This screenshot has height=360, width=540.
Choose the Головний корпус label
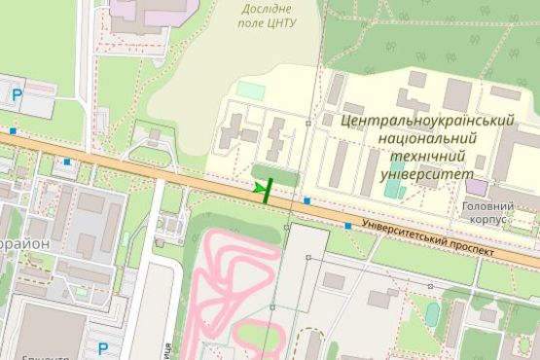click(488, 213)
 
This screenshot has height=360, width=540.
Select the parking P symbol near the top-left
click(17, 93)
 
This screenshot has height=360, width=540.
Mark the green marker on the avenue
click(265, 188)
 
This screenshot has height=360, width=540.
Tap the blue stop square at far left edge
click(13, 129)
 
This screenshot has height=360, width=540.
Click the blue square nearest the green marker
click(307, 201)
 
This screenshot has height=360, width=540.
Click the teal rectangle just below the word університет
click(392, 192)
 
